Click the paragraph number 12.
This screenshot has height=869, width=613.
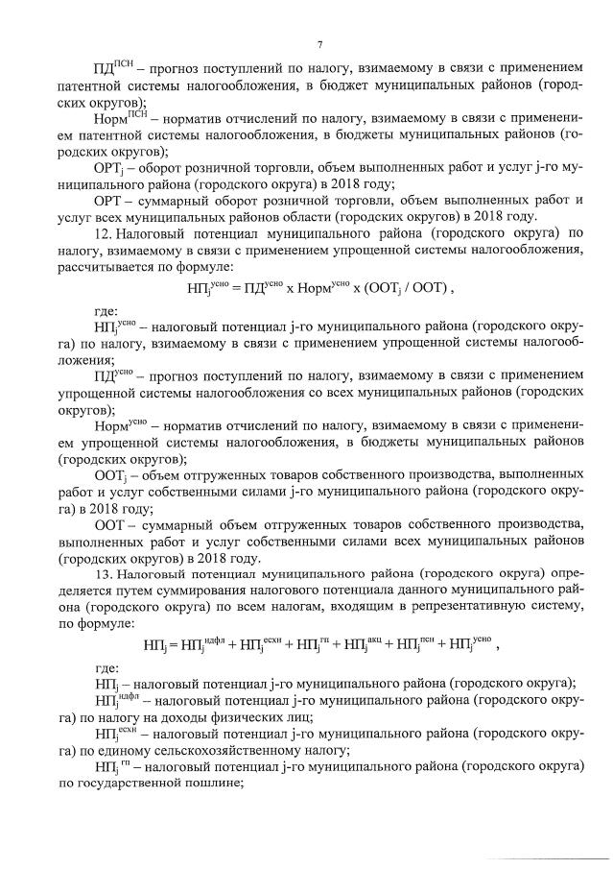(x=104, y=232)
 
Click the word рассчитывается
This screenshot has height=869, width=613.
(x=110, y=266)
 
